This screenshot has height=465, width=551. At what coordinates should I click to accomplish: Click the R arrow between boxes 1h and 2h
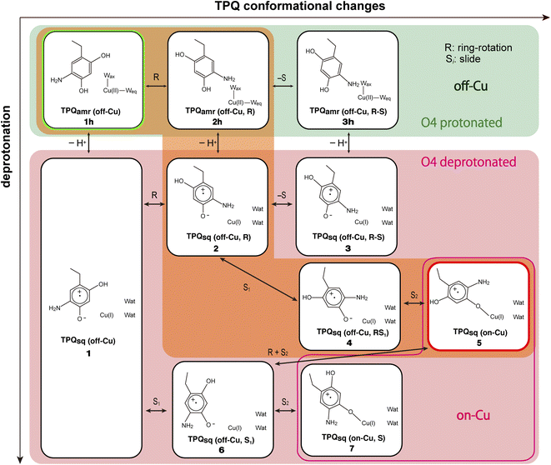[x=156, y=78]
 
